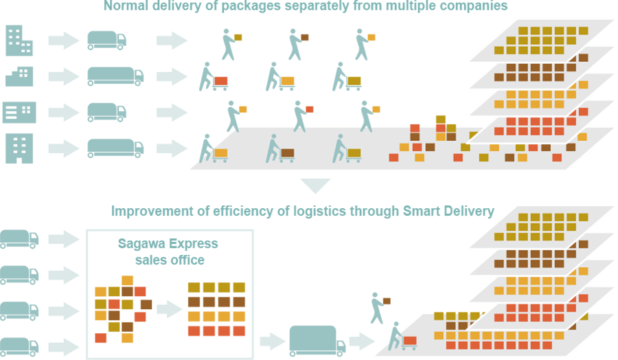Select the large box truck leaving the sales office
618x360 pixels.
[318, 341]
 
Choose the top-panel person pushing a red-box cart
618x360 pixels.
[214, 76]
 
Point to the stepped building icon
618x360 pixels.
[19, 76]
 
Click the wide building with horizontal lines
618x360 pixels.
[19, 113]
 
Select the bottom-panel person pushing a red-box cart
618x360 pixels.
[402, 337]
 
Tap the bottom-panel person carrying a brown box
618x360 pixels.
[380, 308]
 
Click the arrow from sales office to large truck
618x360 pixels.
[273, 341]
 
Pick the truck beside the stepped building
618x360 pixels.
[115, 76]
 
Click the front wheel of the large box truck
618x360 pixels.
[339, 354]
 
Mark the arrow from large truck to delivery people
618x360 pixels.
[361, 341]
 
